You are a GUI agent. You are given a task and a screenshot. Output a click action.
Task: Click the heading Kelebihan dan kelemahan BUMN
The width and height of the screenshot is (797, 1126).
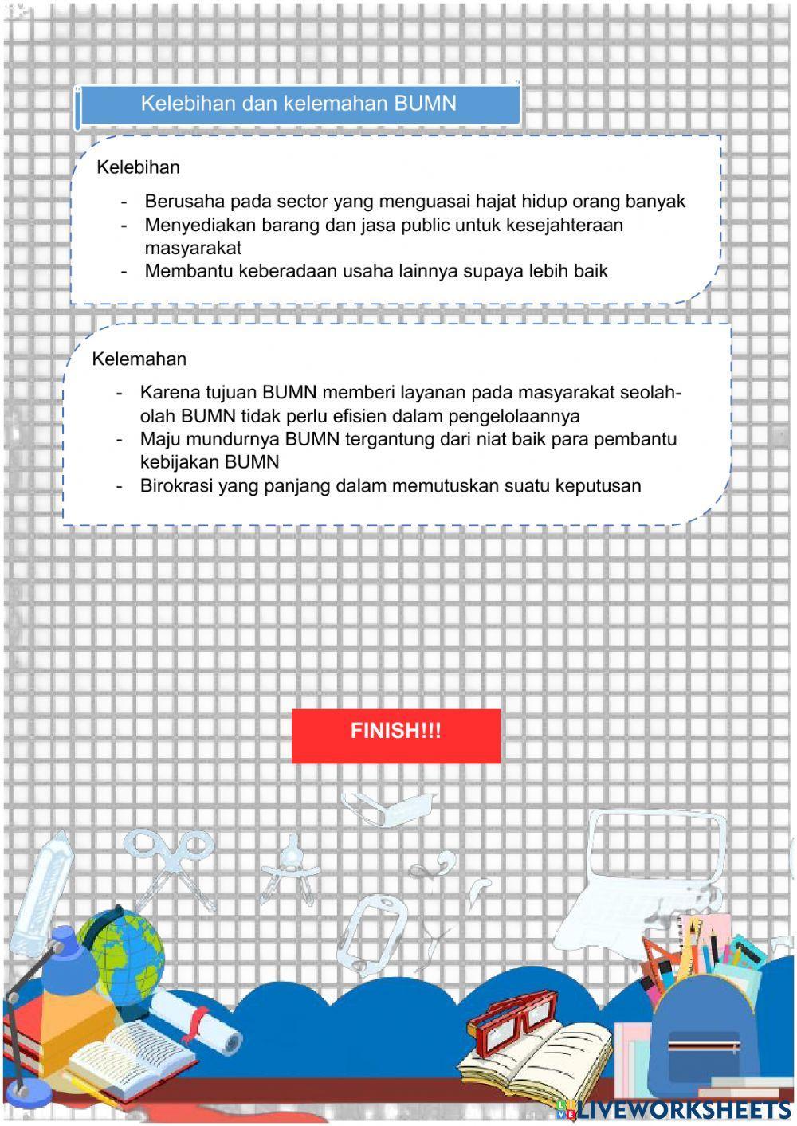click(x=298, y=104)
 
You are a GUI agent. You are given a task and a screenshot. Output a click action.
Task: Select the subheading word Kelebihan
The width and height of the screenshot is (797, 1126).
click(x=138, y=167)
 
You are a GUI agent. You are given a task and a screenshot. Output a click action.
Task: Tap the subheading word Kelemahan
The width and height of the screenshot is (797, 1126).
click(x=139, y=359)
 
